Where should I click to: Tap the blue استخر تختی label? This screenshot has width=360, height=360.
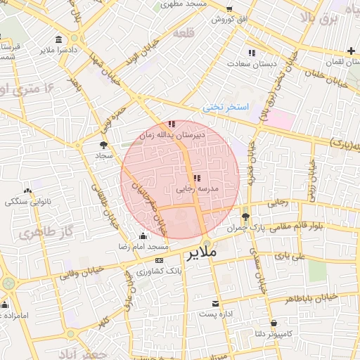point(226,107)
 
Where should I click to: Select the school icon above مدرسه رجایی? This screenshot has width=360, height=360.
point(196,178)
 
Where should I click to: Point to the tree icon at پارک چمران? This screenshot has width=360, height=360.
point(245,217)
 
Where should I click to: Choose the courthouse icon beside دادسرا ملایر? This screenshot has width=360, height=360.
point(56,39)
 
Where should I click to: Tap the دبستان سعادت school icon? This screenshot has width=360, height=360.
point(251,53)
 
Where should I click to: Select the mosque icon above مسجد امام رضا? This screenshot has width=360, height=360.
point(144,236)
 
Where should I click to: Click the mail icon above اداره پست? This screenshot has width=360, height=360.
point(216,303)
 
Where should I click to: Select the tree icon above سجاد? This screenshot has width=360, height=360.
point(103,143)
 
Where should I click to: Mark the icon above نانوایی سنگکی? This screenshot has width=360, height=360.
point(28,191)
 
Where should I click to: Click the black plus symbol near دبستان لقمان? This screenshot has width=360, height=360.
point(351,50)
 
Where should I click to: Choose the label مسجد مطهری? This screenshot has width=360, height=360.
point(181,4)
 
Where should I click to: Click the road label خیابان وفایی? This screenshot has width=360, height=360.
point(83,272)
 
